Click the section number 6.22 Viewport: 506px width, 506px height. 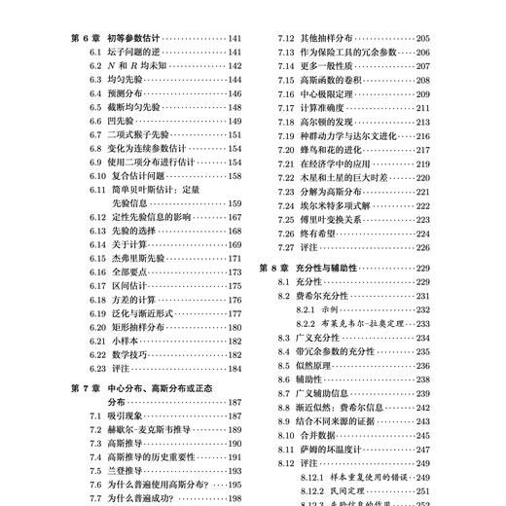95,355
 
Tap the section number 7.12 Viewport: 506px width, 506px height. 287,38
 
